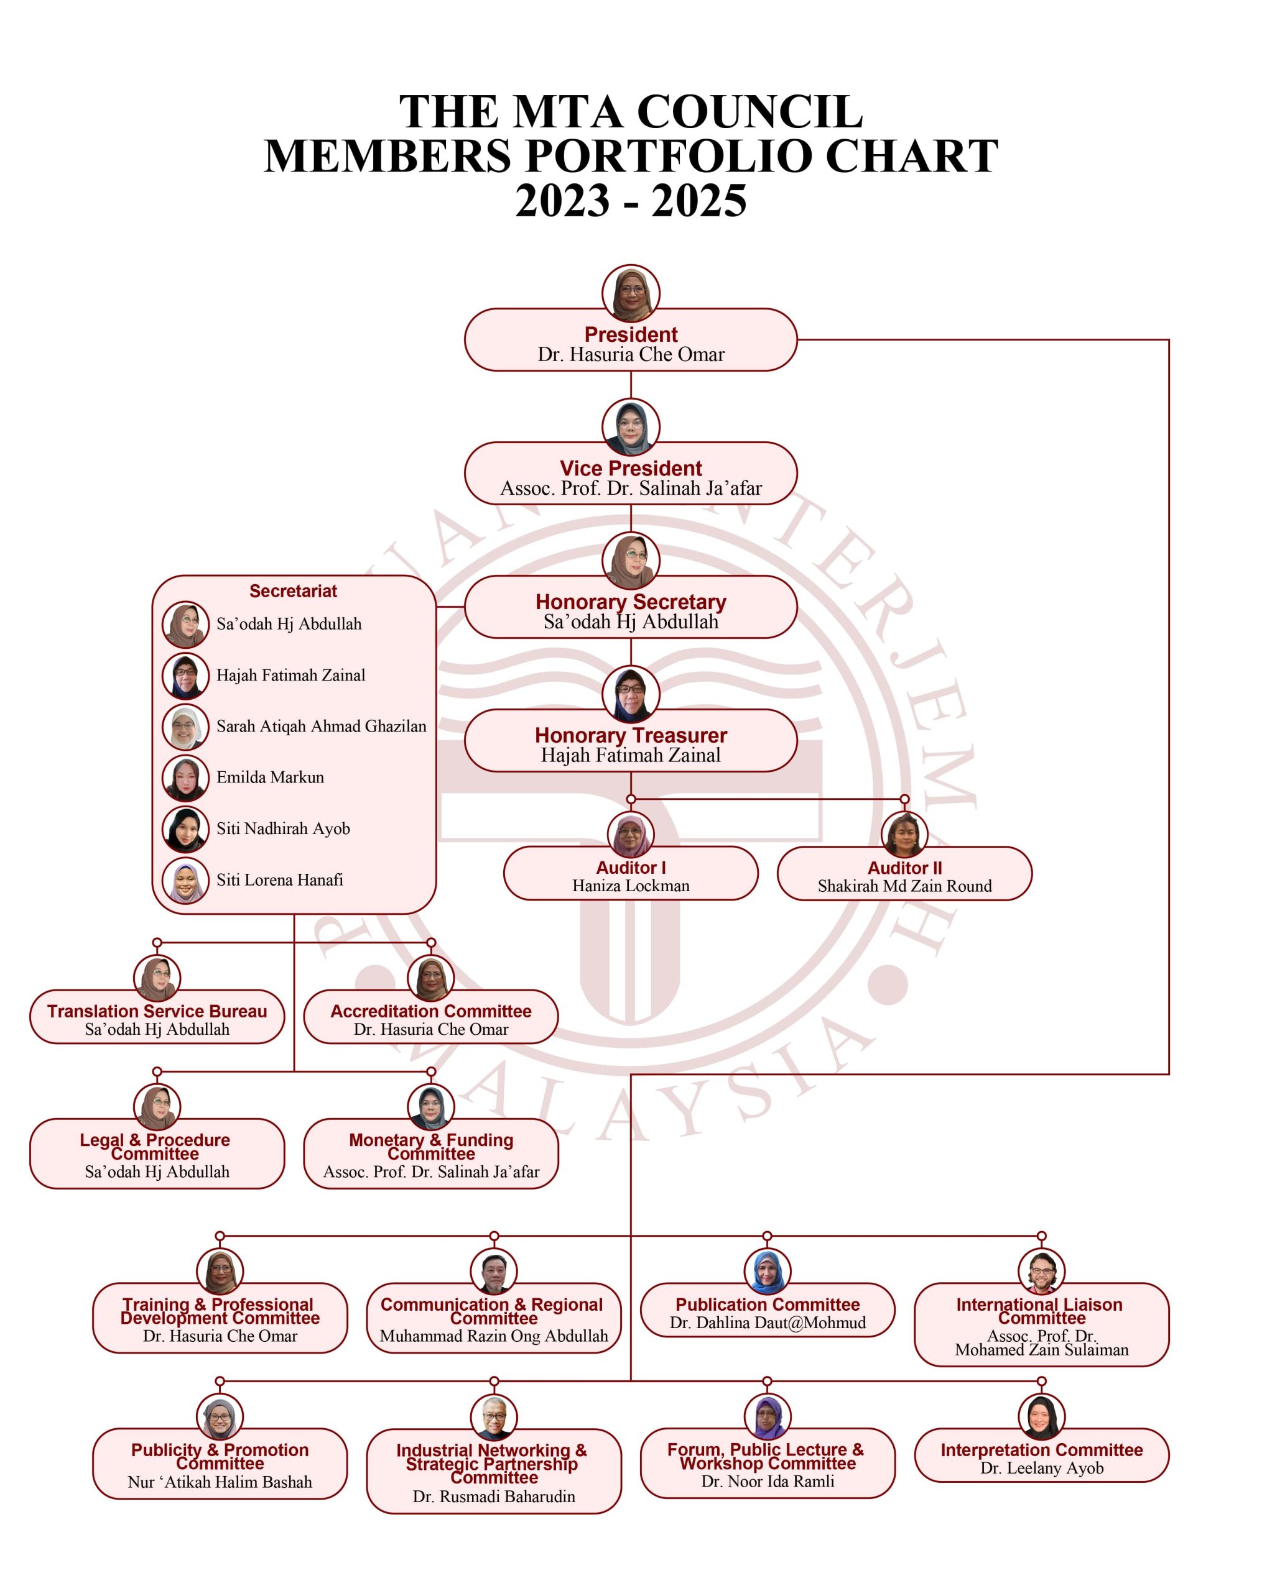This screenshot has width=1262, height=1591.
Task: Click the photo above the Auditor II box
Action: (x=904, y=834)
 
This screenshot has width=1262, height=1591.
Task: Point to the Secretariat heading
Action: (x=293, y=591)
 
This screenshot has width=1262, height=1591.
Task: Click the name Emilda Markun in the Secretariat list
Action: (x=271, y=777)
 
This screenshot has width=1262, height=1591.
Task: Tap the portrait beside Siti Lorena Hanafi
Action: (x=185, y=881)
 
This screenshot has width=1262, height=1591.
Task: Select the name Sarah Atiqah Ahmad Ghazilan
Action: (x=321, y=726)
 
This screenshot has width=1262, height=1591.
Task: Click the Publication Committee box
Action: (x=768, y=1311)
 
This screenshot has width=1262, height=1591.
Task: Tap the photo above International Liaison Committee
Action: (x=1041, y=1272)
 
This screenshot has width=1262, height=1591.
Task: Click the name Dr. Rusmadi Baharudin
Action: (x=494, y=1497)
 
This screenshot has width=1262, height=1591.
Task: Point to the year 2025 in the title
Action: (x=698, y=201)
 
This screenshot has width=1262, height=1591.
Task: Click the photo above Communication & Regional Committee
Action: (x=494, y=1272)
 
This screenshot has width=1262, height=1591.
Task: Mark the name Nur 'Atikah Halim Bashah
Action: (x=220, y=1482)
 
